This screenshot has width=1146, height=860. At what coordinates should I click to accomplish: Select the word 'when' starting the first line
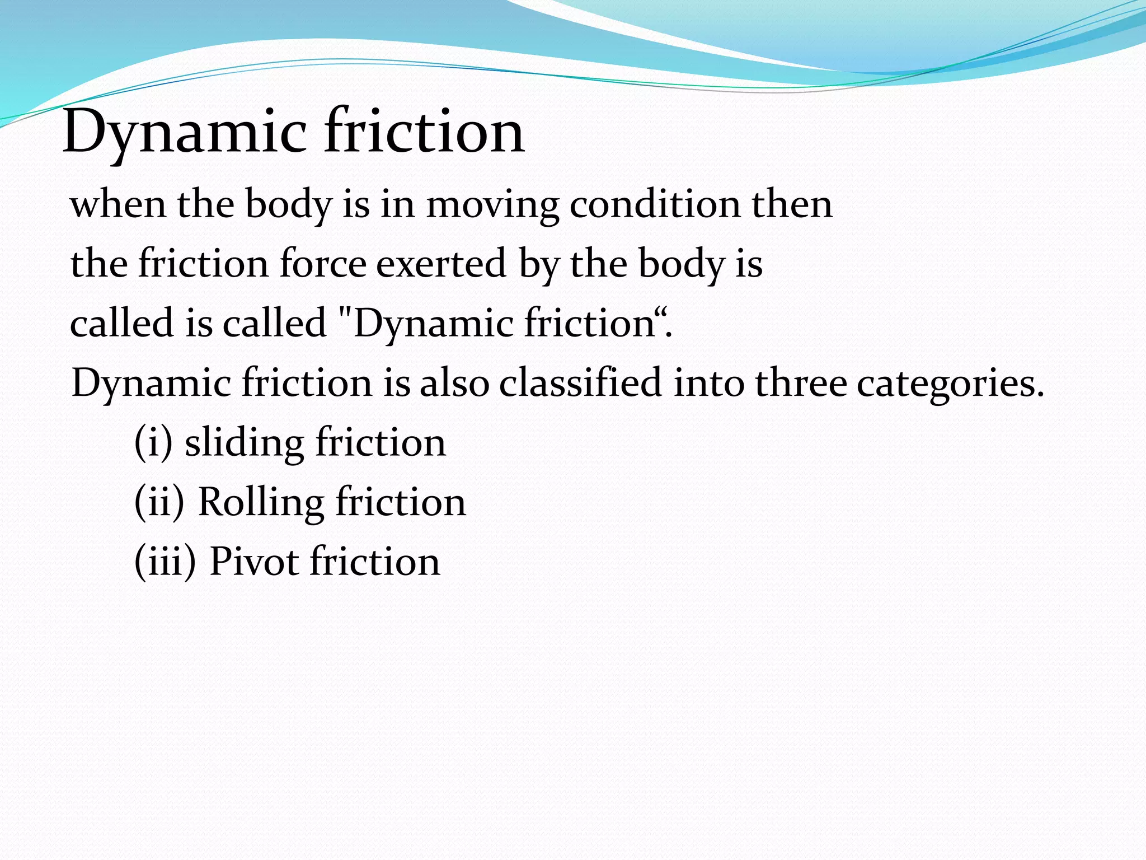click(118, 204)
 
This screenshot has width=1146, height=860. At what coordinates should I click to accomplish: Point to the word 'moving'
click(492, 205)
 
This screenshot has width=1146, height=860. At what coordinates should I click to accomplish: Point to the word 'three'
click(800, 383)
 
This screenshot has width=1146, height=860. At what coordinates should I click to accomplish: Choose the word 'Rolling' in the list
click(261, 502)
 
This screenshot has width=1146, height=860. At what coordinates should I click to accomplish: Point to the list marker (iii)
click(166, 561)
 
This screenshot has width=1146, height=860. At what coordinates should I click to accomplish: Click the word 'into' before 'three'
click(708, 383)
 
